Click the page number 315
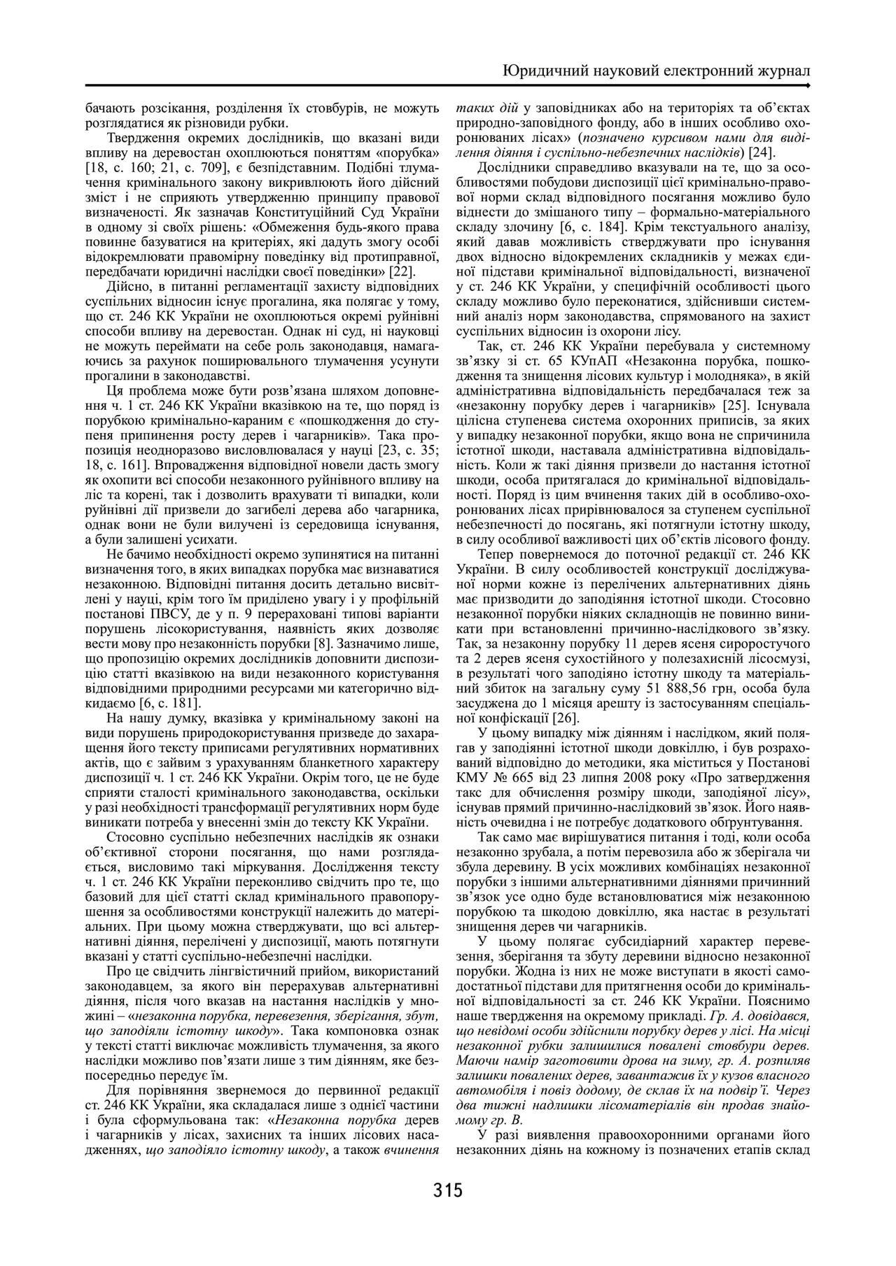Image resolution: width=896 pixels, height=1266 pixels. pyautogui.click(x=448, y=1190)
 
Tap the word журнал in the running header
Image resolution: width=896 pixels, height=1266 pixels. pyautogui.click(x=781, y=71)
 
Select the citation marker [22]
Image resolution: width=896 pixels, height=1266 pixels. pyautogui.click(x=402, y=272)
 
